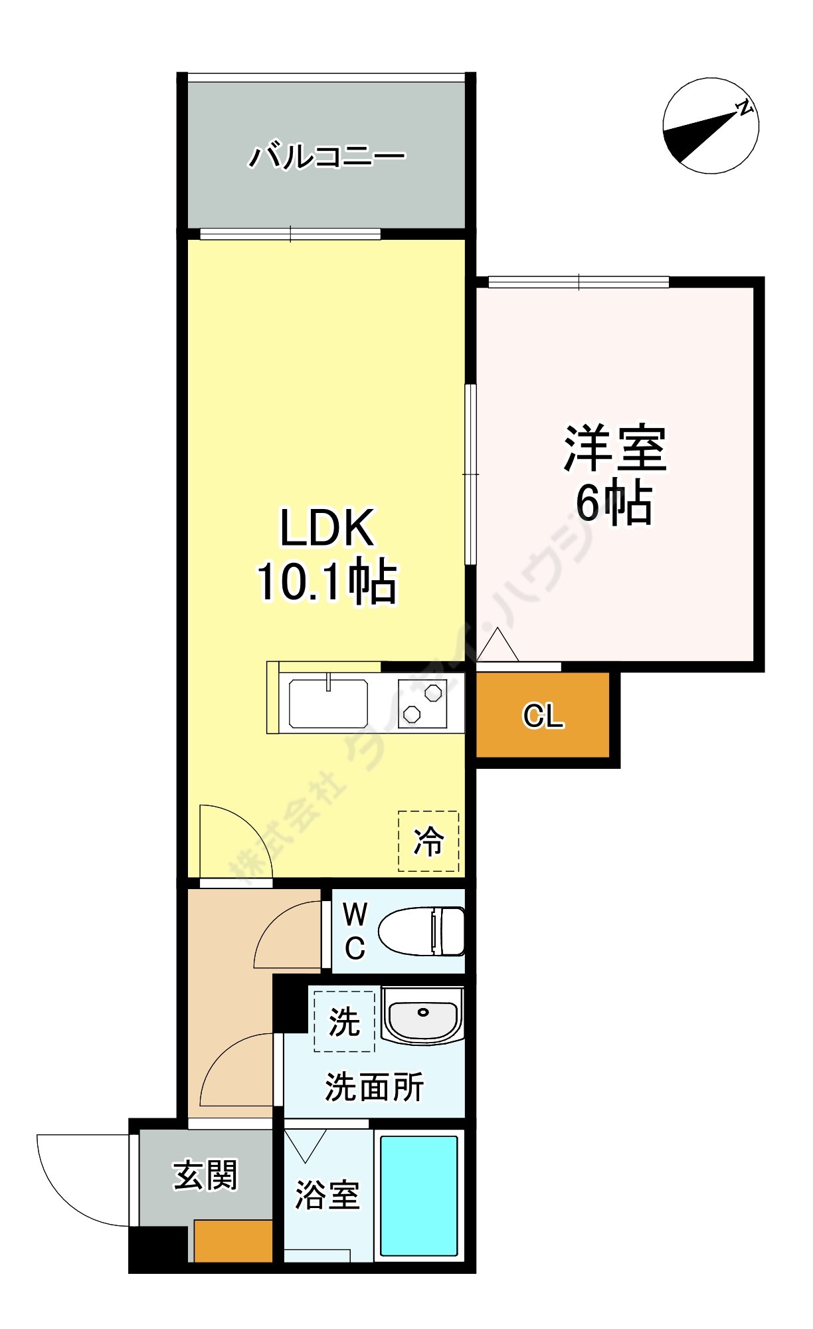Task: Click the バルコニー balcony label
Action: tap(326, 156)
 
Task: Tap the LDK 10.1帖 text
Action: tap(327, 555)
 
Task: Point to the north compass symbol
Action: tap(711, 126)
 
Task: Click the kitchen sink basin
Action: tap(328, 704)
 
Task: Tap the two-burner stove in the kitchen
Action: tap(422, 704)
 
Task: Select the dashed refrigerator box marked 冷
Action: tap(428, 841)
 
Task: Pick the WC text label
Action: tap(355, 931)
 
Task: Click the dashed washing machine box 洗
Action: tap(344, 1021)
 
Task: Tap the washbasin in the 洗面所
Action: tap(422, 1015)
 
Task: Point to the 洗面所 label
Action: tap(374, 1087)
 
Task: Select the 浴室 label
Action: tap(327, 1195)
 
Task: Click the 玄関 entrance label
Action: tap(205, 1175)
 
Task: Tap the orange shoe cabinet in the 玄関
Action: tap(233, 1240)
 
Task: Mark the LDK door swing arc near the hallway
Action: tap(232, 841)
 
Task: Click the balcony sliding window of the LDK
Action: tap(290, 234)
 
